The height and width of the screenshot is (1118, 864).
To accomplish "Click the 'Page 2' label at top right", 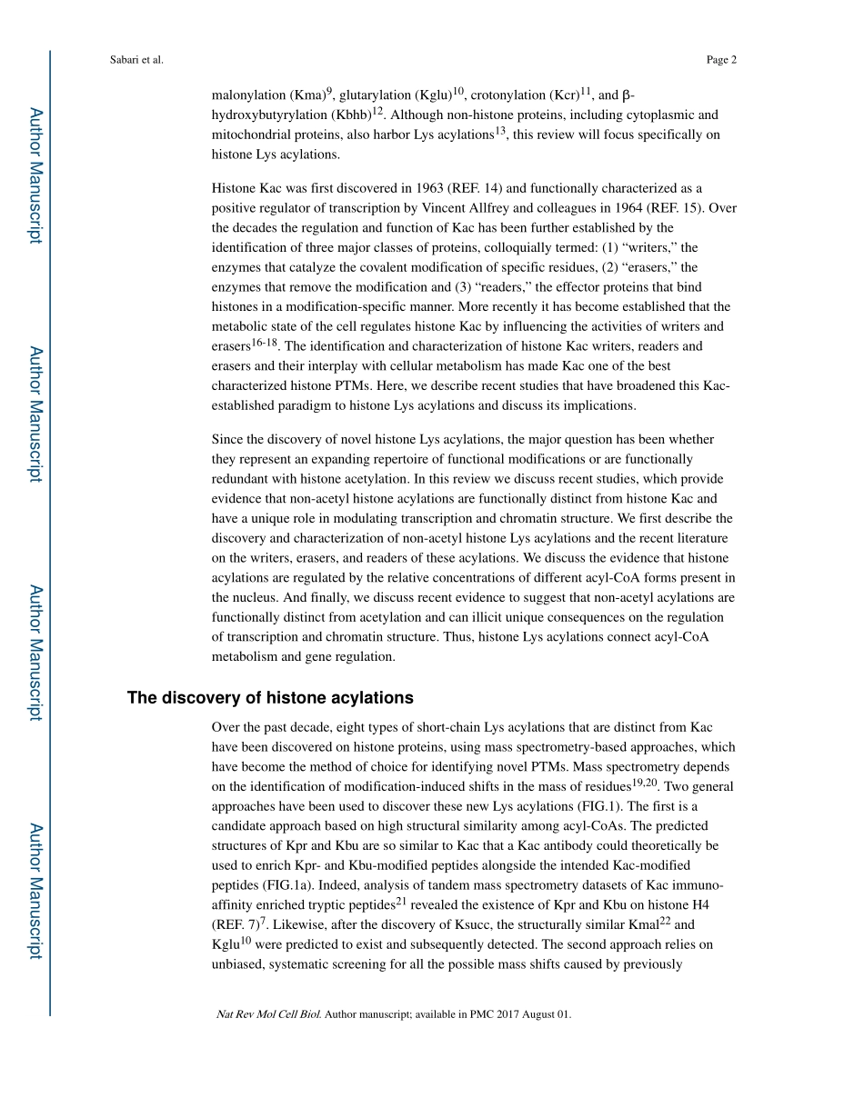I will [x=720, y=61].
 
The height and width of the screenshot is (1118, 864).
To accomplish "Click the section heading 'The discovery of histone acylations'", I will [x=270, y=698].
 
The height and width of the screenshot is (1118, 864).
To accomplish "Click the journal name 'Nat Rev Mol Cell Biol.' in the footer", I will [x=268, y=1014].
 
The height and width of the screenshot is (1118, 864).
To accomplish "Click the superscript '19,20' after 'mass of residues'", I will [x=644, y=783].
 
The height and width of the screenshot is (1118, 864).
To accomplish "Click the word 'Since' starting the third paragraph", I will [x=227, y=439].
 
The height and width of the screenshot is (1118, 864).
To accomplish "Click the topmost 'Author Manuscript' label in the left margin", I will [x=35, y=175].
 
